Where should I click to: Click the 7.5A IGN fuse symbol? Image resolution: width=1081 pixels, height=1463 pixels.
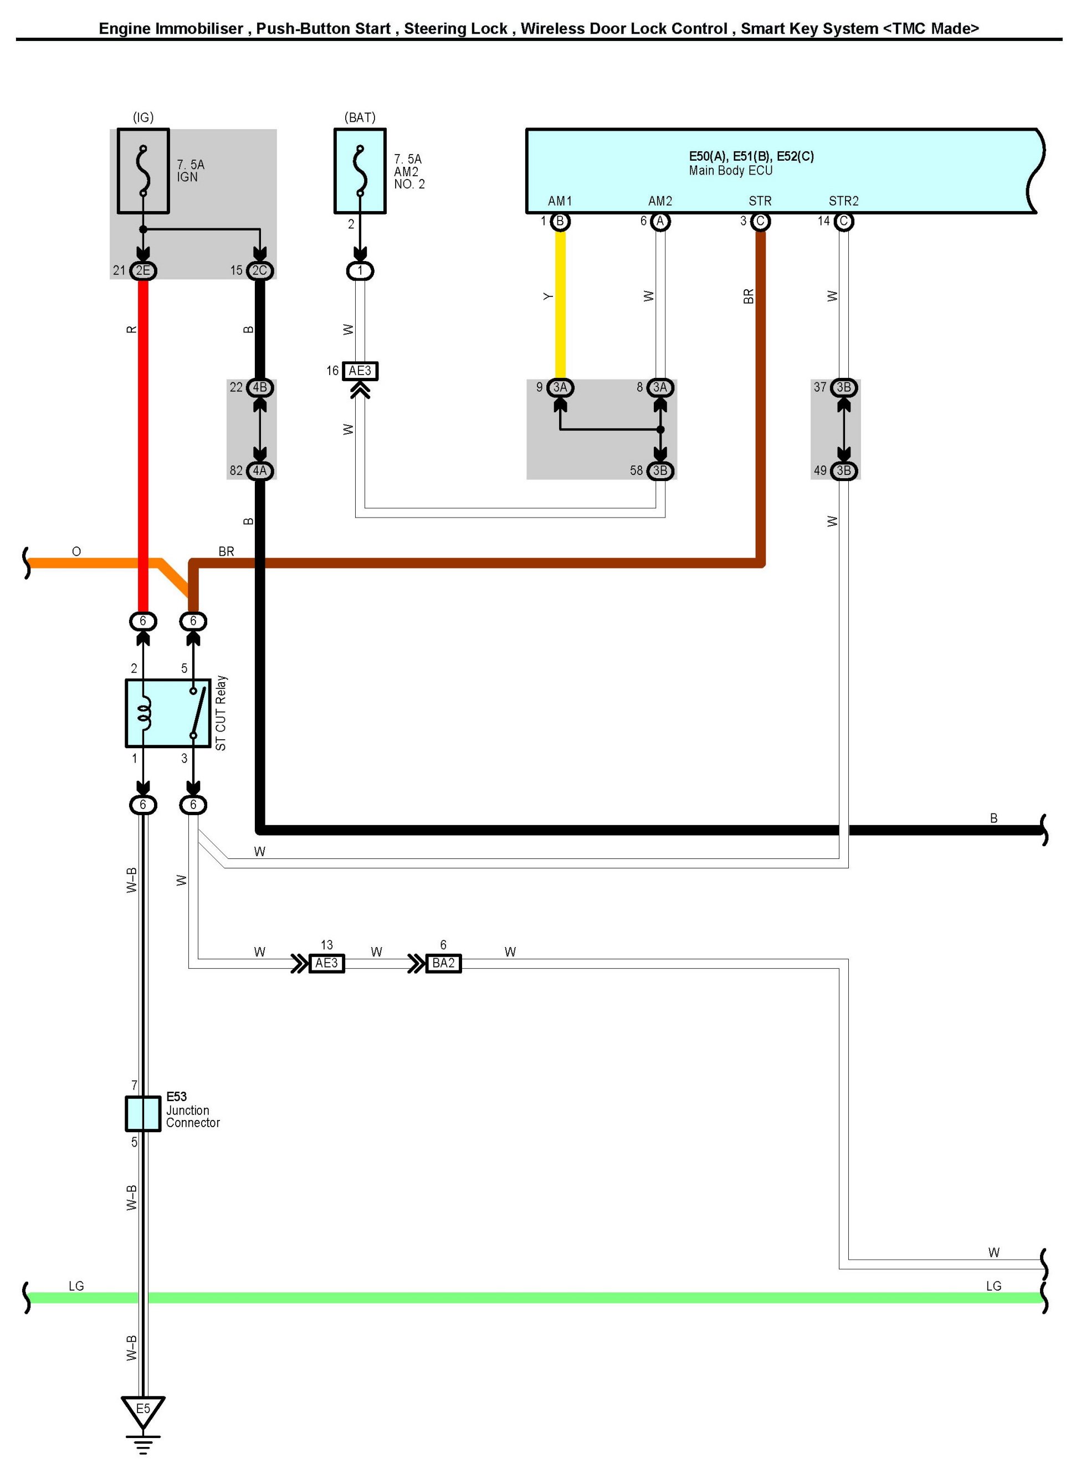point(144,171)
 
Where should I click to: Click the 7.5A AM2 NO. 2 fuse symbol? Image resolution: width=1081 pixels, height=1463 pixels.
point(360,171)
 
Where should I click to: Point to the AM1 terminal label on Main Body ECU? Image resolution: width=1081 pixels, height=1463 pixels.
point(560,201)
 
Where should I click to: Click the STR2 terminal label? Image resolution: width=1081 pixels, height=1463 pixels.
point(843,201)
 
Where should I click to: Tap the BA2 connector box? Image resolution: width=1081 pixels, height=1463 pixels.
point(443,963)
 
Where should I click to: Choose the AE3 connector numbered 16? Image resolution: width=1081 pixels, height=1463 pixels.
point(360,371)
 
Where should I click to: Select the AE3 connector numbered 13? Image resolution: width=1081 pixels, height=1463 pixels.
point(326,963)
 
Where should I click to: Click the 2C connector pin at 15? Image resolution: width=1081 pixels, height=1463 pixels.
point(260,270)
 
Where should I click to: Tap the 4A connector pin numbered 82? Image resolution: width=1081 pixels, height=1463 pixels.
point(260,470)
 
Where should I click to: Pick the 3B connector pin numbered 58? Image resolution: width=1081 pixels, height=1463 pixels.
point(660,470)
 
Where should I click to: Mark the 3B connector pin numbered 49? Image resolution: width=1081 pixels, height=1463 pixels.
point(843,470)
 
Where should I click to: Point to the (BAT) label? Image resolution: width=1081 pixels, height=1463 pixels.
point(360,117)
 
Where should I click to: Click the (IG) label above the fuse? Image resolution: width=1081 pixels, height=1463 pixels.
point(144,117)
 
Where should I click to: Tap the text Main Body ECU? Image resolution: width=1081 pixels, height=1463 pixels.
point(730,171)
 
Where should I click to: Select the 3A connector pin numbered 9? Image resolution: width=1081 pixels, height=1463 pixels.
point(560,387)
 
